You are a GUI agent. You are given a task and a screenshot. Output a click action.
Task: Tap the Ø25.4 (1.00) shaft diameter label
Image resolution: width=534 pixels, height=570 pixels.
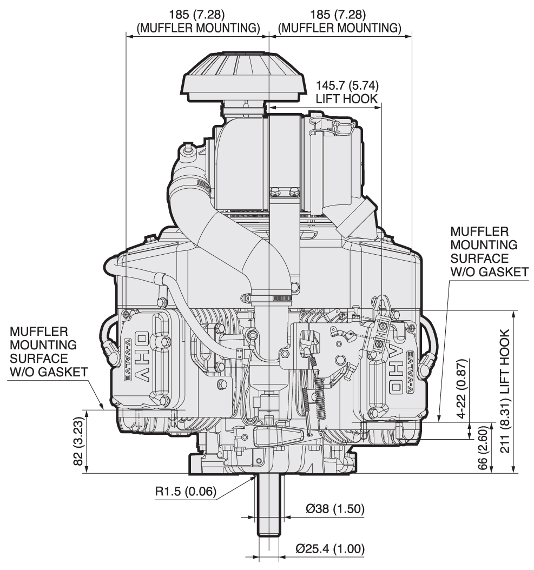point(329,549)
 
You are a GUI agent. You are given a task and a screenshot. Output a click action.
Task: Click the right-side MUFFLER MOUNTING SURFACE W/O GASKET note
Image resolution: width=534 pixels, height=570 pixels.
point(488,251)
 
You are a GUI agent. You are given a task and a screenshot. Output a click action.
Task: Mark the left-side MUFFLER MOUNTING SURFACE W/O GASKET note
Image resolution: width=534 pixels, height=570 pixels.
point(46,351)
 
